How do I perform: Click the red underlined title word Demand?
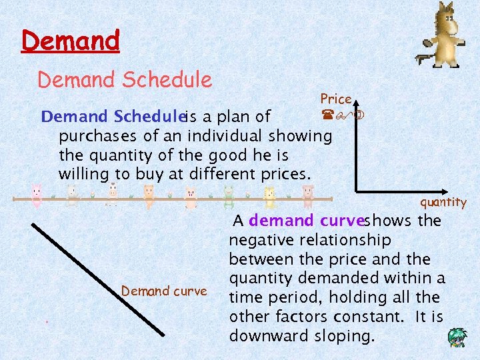click(x=71, y=41)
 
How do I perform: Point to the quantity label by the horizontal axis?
click(x=443, y=203)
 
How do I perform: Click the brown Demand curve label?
click(x=164, y=291)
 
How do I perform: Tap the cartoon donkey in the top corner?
click(x=444, y=30)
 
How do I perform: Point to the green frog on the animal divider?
click(x=229, y=195)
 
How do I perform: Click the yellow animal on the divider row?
click(x=269, y=195)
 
